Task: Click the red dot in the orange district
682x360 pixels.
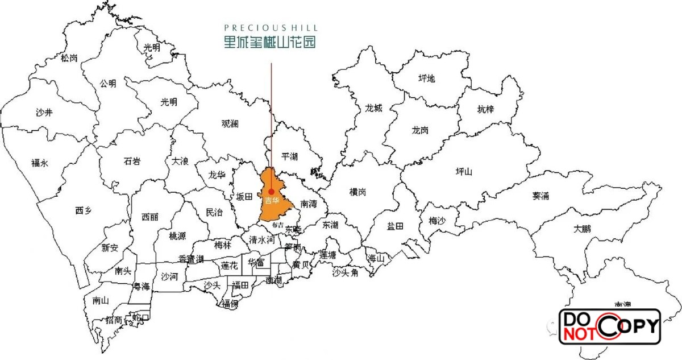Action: click(272, 191)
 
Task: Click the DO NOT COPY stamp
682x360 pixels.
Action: click(609, 326)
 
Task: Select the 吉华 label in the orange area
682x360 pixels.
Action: click(272, 201)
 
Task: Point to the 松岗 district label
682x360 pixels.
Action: click(69, 57)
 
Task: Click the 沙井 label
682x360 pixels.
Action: click(44, 113)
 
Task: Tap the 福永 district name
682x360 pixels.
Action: click(40, 163)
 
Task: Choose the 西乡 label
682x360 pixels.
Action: click(83, 210)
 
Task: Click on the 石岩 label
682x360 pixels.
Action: click(132, 161)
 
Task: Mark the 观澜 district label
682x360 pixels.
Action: click(230, 123)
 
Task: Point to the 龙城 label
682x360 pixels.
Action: click(374, 108)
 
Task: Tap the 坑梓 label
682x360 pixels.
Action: click(485, 109)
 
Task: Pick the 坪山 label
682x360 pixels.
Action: click(464, 171)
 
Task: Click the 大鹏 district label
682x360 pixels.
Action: click(582, 229)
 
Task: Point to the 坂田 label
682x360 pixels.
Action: click(244, 197)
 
